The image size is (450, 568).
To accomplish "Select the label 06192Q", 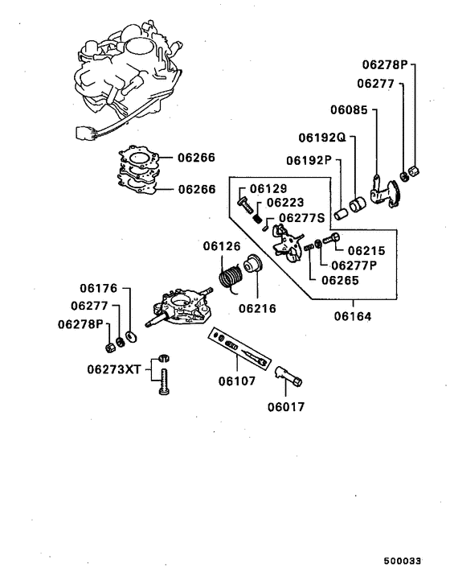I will pos(321,138).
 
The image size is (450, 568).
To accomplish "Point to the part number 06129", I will pos(268,189).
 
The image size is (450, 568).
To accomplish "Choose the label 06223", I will pos(284,204).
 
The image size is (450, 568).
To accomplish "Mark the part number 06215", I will pos(366,250).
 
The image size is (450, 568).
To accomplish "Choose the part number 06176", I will pos(99,287).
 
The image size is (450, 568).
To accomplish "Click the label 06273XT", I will pos(114,369).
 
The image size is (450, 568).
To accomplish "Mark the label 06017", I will pos(287,405).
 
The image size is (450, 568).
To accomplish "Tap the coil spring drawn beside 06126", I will pos(231,278).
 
